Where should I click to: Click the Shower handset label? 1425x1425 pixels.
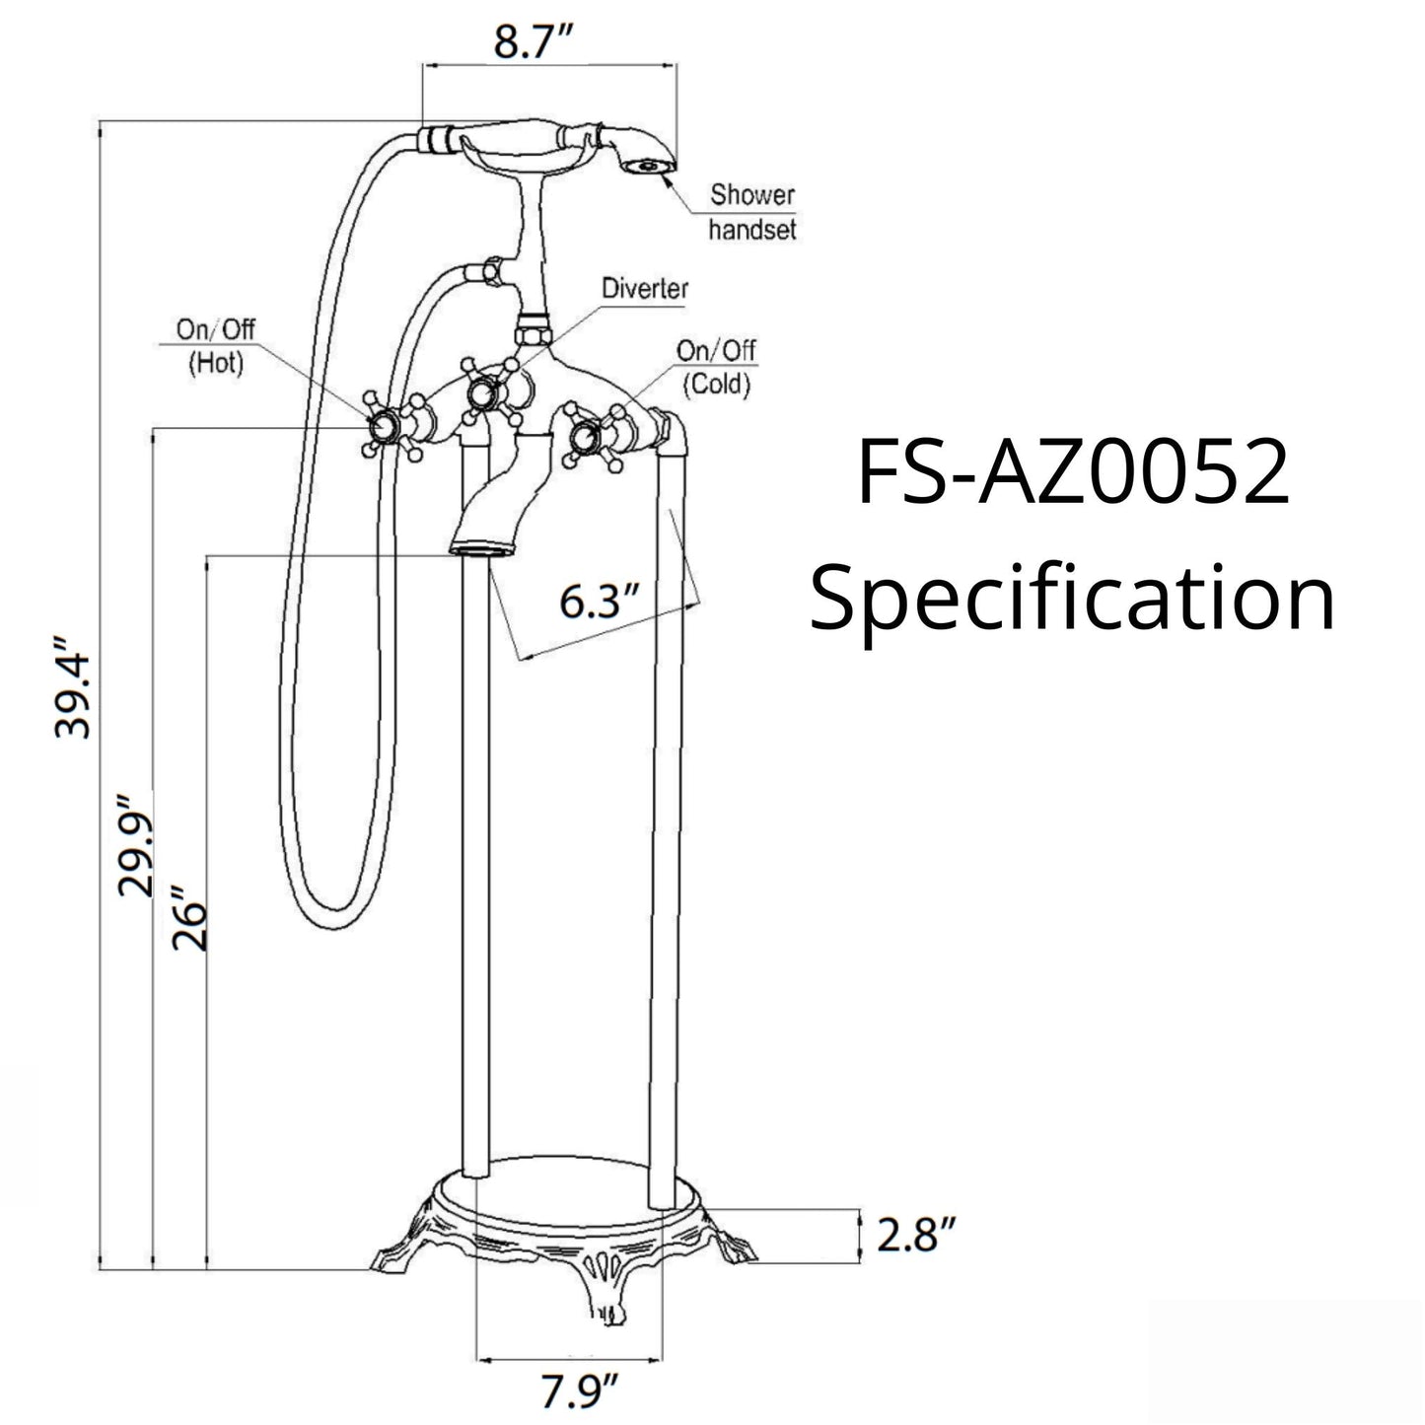pyautogui.click(x=751, y=212)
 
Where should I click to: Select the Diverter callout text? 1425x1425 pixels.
pyautogui.click(x=645, y=289)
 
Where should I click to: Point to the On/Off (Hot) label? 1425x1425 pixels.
pyautogui.click(x=216, y=345)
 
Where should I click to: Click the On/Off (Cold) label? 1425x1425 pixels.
pyautogui.click(x=716, y=366)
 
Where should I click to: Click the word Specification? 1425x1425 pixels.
pyautogui.click(x=1073, y=599)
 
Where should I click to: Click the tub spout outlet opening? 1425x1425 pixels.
pyautogui.click(x=480, y=545)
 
